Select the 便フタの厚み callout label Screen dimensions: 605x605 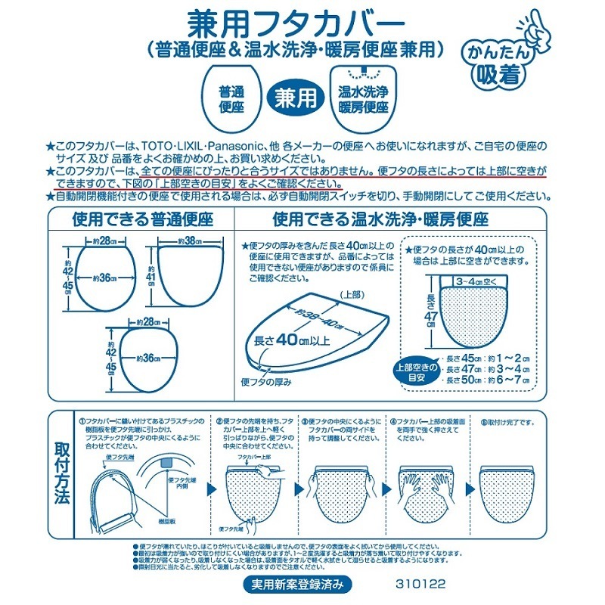tap(266, 383)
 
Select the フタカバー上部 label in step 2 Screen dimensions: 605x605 tap(255, 458)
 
